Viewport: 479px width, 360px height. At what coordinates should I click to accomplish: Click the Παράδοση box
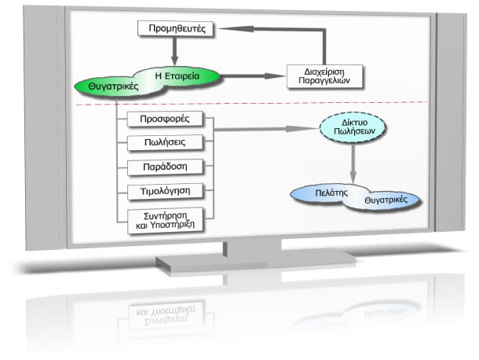[x=170, y=167]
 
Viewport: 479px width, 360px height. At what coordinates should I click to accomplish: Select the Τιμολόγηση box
[x=170, y=191]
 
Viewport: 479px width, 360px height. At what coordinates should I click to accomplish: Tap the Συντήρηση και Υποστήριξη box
[x=170, y=219]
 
